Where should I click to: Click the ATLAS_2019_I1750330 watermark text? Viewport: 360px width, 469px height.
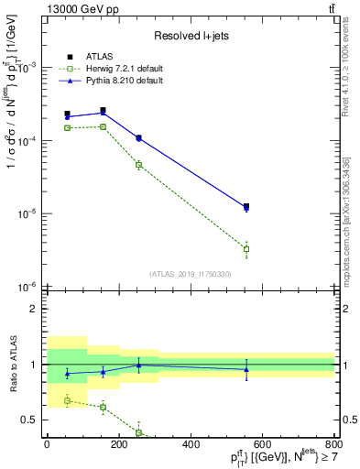click(x=191, y=274)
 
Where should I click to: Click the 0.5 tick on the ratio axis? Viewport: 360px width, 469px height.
click(x=31, y=420)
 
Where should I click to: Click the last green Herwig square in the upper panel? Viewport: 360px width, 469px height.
click(x=246, y=249)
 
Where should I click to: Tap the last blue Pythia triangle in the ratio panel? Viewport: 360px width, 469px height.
click(x=246, y=369)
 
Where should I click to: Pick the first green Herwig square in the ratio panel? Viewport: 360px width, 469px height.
click(x=67, y=400)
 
